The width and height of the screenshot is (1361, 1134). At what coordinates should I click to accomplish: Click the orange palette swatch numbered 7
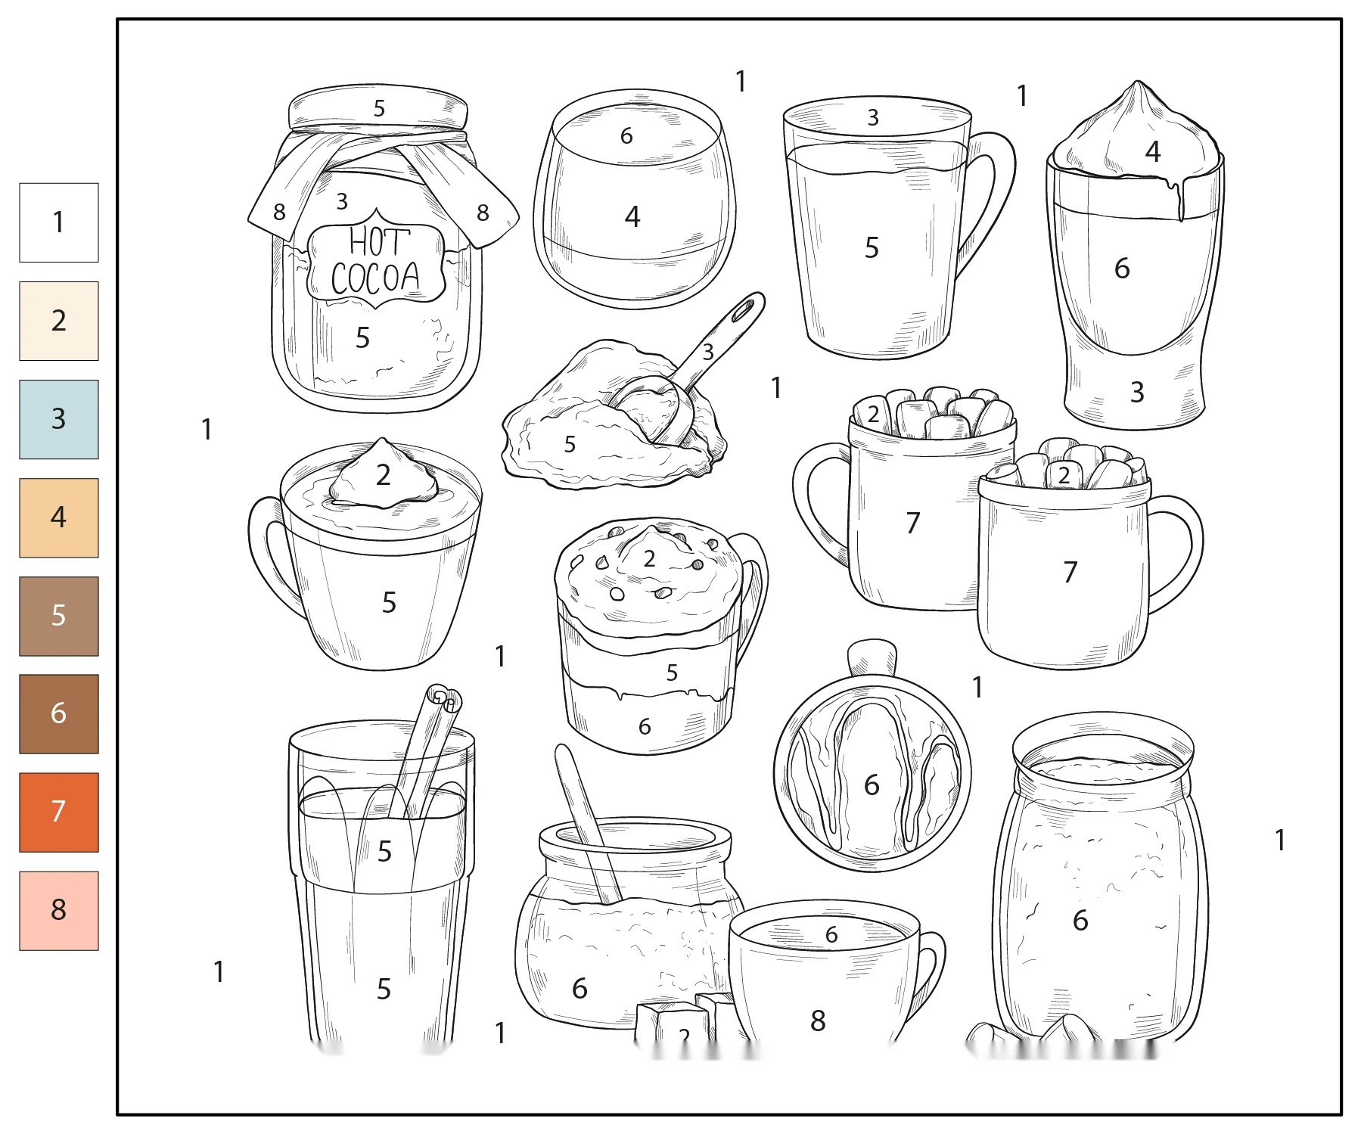point(59,812)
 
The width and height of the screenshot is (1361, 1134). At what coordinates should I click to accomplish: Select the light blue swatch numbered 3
point(59,419)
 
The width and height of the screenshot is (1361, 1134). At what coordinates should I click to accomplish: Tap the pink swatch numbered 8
point(59,910)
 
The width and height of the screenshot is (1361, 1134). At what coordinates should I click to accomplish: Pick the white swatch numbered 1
point(59,222)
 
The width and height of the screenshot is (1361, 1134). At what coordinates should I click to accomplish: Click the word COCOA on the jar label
point(375,278)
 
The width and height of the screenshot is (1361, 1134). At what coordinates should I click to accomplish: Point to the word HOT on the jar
point(379,242)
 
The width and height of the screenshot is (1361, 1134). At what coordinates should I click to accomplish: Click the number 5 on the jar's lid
point(379,109)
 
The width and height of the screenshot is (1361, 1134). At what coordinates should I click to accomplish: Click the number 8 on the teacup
point(818,1021)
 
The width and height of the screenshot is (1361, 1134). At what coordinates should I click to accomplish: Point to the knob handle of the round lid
point(872,657)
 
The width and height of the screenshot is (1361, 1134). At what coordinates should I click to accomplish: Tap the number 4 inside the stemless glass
point(632,217)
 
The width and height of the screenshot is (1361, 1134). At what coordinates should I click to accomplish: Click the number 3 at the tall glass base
point(1136,392)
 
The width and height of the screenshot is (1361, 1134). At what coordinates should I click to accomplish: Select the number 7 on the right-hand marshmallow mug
point(1070,572)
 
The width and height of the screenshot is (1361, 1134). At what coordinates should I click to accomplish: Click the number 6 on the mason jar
point(1080,921)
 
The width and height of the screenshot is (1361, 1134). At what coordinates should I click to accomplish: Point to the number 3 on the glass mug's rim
point(873,118)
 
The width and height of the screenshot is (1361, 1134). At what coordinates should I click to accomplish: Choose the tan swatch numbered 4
point(59,517)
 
